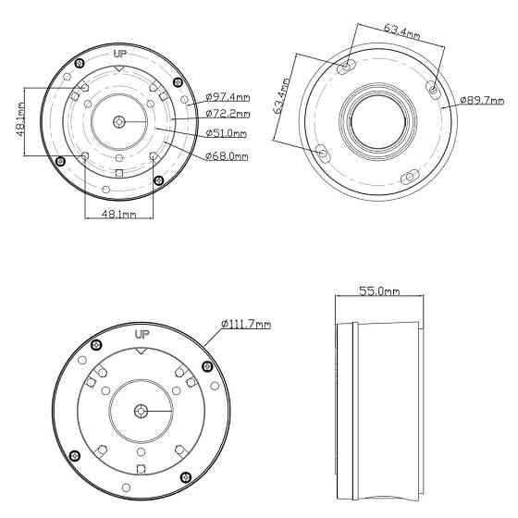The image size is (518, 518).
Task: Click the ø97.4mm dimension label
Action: [x=228, y=97]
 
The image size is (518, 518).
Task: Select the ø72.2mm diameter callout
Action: [x=228, y=114]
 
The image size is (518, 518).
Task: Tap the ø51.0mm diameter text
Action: [x=226, y=133]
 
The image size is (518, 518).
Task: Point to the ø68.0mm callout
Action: [x=227, y=156]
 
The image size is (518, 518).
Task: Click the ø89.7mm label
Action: [x=482, y=100]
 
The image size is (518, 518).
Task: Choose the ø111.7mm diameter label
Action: [x=246, y=324]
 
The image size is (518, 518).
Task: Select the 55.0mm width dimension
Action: [x=379, y=291]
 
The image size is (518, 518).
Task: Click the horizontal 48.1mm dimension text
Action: [x=118, y=214]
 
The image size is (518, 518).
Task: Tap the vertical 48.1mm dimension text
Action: [x=20, y=119]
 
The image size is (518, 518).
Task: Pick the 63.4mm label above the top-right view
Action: [x=402, y=31]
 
